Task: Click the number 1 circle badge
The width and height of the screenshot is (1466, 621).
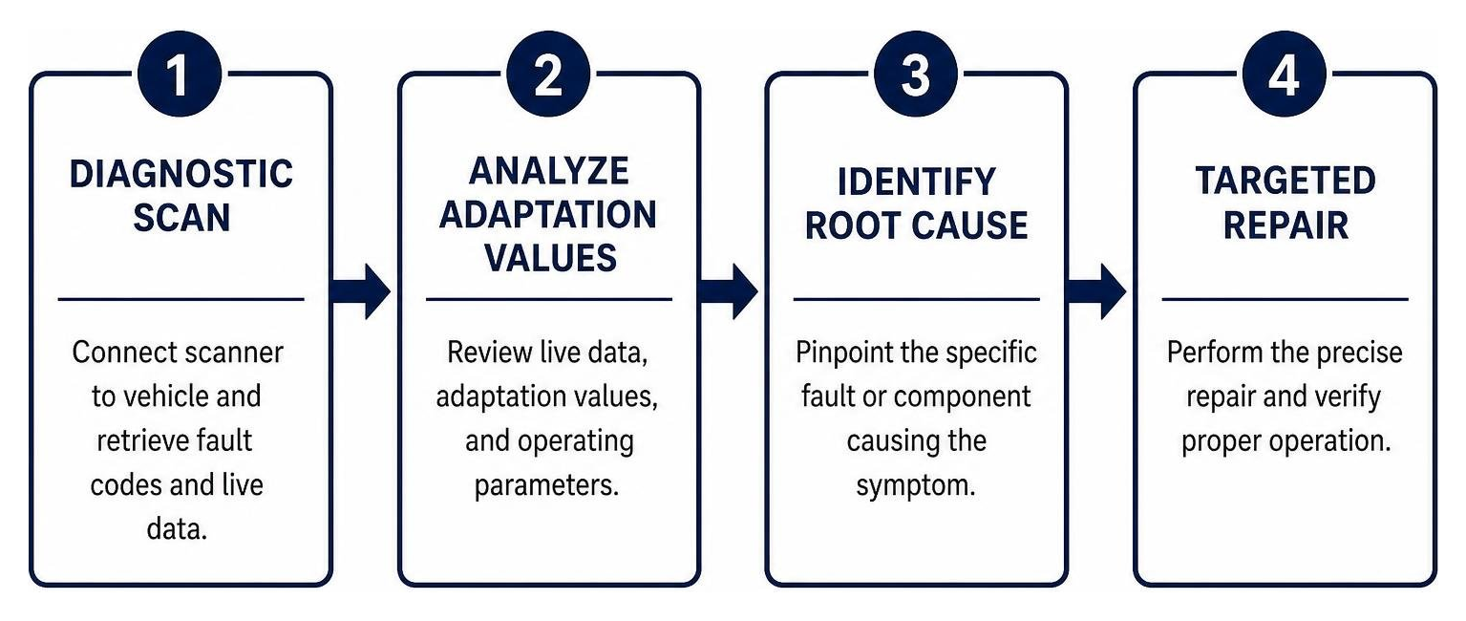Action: (180, 74)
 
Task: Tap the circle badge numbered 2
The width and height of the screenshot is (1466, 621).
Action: (548, 74)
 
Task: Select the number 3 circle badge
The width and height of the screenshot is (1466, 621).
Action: (916, 74)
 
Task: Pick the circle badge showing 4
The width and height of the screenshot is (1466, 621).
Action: (1284, 74)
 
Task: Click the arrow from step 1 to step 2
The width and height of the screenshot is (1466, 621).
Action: (361, 291)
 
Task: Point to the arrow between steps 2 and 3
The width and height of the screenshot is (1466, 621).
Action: (729, 291)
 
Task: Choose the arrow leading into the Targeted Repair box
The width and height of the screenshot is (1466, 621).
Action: (1097, 291)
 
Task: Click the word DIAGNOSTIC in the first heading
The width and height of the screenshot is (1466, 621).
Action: (181, 174)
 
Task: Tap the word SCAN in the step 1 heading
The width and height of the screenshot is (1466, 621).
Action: (182, 218)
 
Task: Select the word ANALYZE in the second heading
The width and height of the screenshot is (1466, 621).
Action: (548, 171)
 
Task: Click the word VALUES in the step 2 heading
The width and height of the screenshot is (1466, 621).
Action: (550, 258)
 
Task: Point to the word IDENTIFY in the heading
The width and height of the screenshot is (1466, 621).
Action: (916, 182)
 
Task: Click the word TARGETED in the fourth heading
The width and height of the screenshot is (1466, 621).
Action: (1285, 181)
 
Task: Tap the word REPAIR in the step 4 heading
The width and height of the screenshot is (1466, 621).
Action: (1285, 225)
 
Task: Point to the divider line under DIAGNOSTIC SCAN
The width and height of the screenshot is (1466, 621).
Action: (181, 300)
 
